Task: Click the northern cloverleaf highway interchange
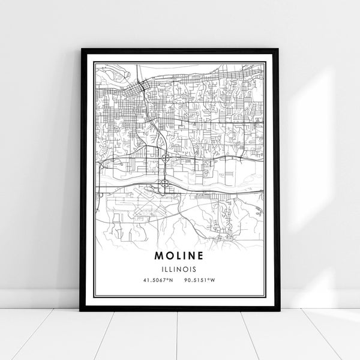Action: click(164, 160)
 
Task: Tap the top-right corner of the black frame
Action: click(279, 50)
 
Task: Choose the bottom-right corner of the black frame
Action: click(279, 311)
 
